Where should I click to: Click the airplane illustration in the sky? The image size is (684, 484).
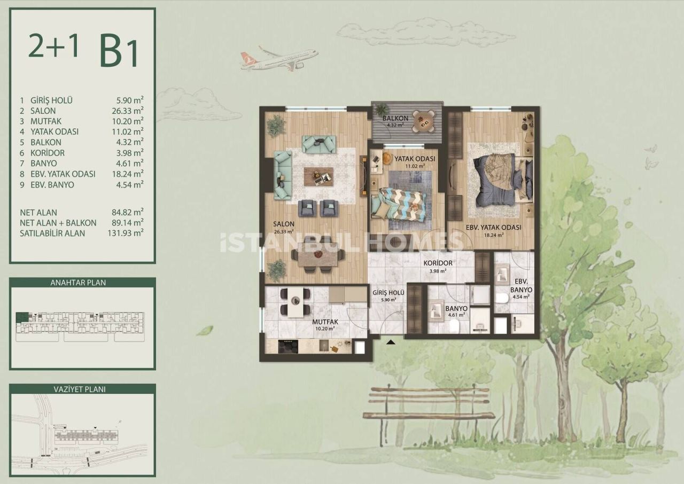[279, 58]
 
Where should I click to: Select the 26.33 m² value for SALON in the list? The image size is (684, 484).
[130, 111]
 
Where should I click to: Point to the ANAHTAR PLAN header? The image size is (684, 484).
[82, 283]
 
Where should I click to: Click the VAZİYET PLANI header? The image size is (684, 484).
[82, 389]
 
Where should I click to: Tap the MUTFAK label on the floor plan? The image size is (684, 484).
[324, 322]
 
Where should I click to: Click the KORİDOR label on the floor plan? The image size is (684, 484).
[438, 263]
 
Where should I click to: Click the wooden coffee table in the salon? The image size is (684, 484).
[318, 176]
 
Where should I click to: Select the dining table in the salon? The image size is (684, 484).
[318, 257]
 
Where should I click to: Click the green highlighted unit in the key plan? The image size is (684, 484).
[22, 317]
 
